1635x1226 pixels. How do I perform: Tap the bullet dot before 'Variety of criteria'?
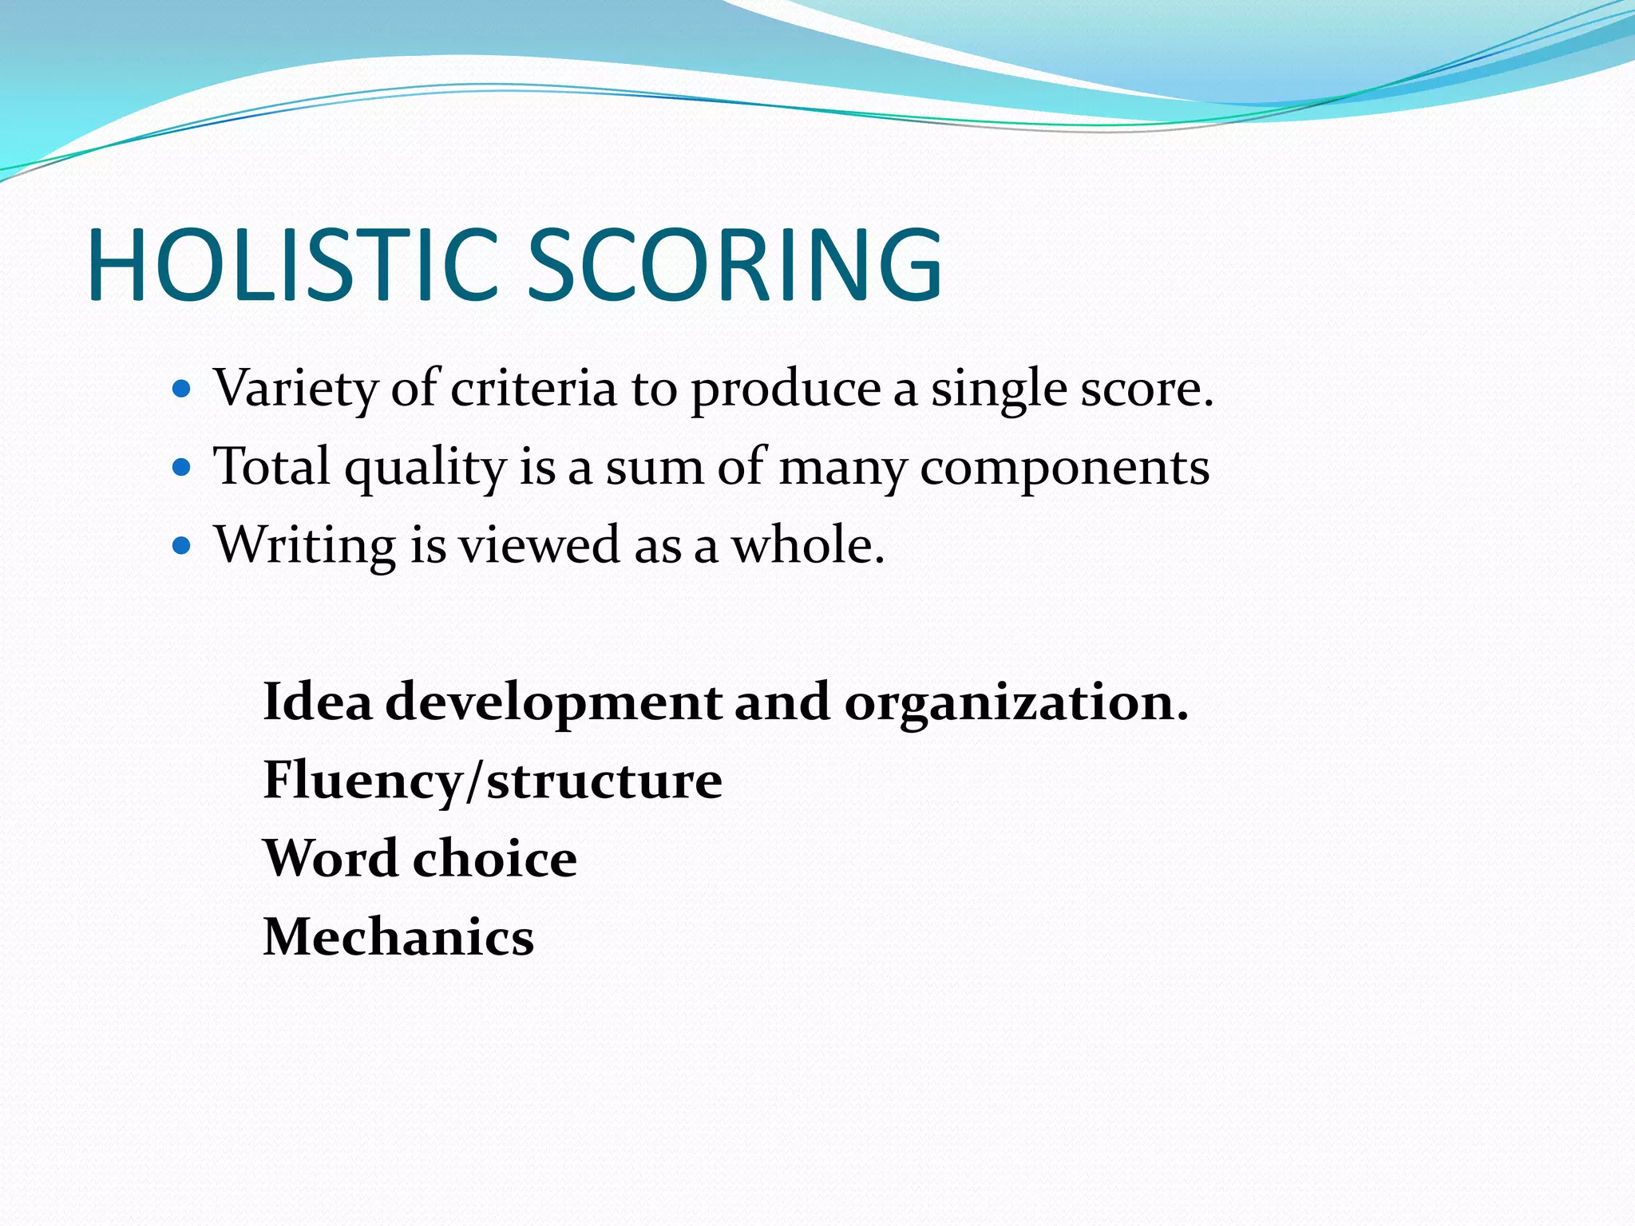182,390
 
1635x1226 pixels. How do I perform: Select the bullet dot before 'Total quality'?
182,467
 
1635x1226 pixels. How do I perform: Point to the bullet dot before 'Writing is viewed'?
182,545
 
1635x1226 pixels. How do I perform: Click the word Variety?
295,390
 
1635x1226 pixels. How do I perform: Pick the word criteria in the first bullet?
533,390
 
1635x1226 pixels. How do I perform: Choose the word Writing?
305,546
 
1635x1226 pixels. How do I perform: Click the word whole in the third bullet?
807,546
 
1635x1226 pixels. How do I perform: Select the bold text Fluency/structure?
493,781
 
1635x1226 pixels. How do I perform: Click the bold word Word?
331,859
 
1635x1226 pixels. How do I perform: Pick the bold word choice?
495,859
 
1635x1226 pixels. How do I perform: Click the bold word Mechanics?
398,937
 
